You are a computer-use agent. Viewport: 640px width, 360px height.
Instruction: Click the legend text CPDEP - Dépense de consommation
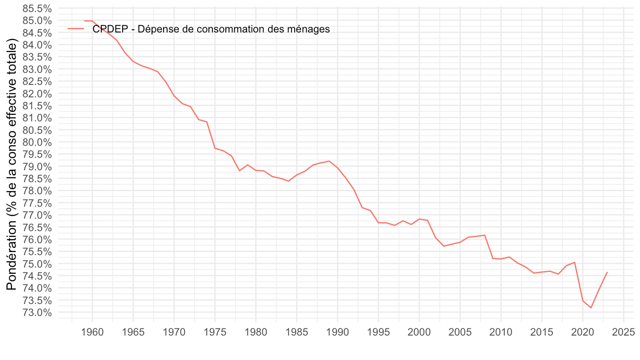pyautogui.click(x=211, y=29)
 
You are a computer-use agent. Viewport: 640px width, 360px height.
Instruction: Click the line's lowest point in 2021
pyautogui.click(x=591, y=308)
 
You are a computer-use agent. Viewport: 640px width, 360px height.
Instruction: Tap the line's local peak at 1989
pyautogui.click(x=329, y=161)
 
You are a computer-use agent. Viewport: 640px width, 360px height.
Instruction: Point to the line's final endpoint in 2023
pyautogui.click(x=607, y=272)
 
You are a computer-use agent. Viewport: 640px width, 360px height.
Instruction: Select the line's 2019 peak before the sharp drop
pyautogui.click(x=575, y=262)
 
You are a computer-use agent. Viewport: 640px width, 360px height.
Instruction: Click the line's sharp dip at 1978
pyautogui.click(x=240, y=171)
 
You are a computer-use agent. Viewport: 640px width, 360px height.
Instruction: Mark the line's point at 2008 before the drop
pyautogui.click(x=484, y=235)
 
